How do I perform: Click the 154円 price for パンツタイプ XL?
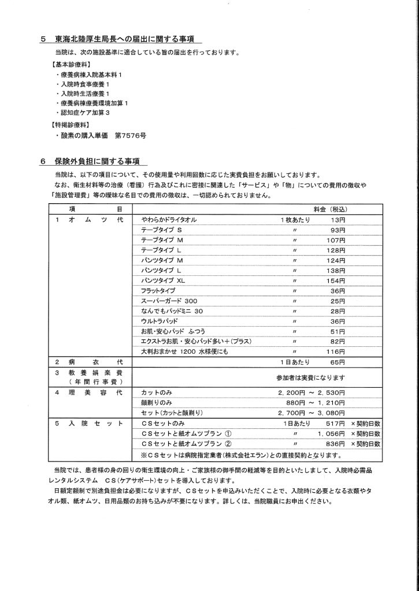point(336,280)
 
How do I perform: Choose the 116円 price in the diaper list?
point(336,351)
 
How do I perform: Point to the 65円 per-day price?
point(338,362)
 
